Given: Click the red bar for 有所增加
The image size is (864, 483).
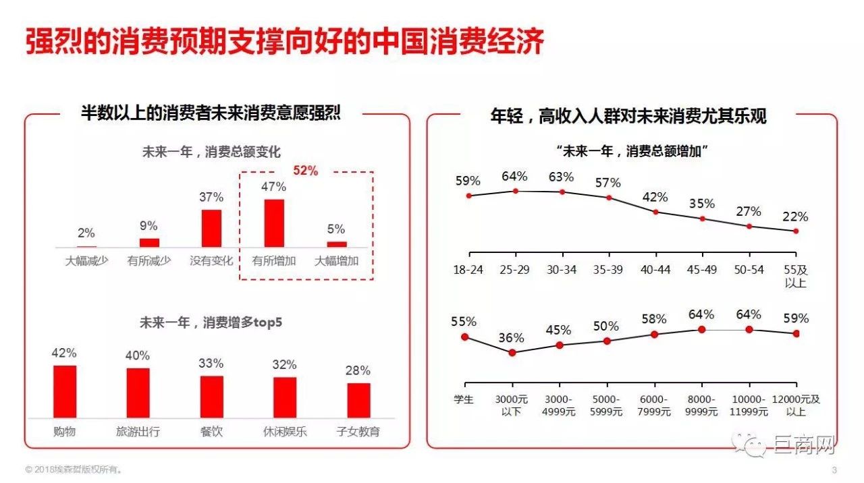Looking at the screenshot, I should [274, 223].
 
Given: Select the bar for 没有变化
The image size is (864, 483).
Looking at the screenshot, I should [211, 229].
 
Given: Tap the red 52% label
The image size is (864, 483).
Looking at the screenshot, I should [305, 171].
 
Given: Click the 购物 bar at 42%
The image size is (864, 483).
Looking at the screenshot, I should [65, 392].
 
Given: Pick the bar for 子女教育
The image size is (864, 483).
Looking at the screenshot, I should [359, 401].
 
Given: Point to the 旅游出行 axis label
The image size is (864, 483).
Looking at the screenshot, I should [138, 431].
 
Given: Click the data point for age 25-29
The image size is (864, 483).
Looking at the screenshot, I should [515, 191].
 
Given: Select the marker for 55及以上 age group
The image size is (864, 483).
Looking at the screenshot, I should [796, 231].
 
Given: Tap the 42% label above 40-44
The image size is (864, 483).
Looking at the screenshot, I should [655, 197].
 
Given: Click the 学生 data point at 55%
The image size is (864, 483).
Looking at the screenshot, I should [464, 337].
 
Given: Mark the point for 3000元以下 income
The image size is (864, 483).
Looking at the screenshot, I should [512, 352].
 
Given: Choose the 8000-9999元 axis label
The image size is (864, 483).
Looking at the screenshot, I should [701, 405].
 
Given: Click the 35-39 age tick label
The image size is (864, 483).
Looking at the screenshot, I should [608, 270].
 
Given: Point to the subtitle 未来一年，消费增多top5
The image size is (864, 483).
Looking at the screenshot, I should [211, 322].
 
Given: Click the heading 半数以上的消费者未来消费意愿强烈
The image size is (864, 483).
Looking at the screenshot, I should [211, 114].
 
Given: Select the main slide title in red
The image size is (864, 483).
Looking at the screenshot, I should [285, 42].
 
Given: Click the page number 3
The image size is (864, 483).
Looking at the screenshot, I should [834, 470].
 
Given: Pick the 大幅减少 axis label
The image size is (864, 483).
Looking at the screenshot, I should [86, 261].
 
